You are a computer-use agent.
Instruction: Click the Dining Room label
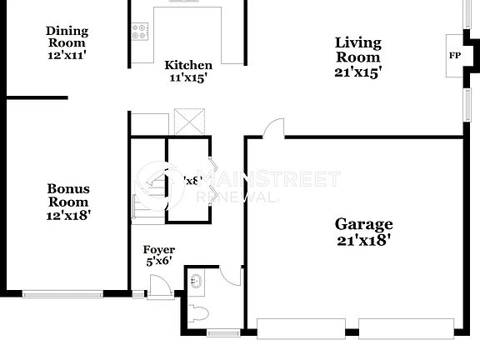coord(67,37)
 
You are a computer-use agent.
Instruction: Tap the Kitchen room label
coord(187,65)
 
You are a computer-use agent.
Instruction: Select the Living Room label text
coord(357,49)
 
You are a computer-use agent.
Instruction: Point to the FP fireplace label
coord(455,56)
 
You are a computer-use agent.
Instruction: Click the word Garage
coord(363,223)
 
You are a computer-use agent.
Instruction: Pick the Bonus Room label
coord(68,195)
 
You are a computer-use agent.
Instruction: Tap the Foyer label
coord(159,249)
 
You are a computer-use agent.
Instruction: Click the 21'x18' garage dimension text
coord(363,240)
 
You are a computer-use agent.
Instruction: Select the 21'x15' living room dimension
coord(357,72)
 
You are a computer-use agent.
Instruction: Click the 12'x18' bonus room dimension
coord(68,215)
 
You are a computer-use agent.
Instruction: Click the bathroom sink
coord(197,281)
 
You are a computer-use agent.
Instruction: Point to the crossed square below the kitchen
coord(190,122)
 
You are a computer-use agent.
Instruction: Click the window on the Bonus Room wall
coord(62,292)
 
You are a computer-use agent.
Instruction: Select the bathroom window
coord(222,333)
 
